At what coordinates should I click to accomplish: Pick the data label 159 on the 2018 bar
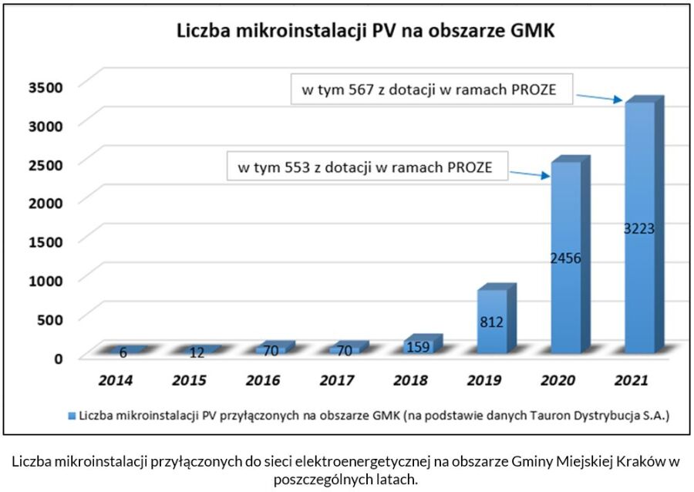419,347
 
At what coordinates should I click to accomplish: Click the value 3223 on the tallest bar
638,229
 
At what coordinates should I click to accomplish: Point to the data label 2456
565,258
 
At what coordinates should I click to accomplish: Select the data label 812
491,322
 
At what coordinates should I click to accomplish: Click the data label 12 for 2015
198,353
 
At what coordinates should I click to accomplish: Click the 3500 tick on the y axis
44,86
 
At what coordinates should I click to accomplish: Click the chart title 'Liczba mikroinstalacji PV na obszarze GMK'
366,32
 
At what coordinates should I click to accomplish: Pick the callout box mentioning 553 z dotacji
367,167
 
